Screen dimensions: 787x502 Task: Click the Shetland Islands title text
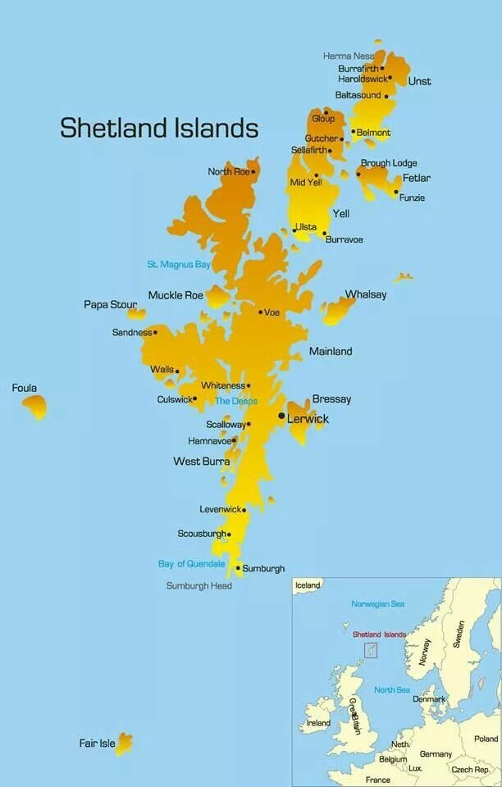(x=159, y=128)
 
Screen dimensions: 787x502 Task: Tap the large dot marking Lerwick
(x=281, y=416)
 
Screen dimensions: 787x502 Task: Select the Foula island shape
(x=35, y=405)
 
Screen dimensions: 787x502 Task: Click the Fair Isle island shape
(x=124, y=744)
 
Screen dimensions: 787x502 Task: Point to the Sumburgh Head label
(x=199, y=586)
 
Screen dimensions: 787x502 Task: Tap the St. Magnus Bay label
(x=179, y=265)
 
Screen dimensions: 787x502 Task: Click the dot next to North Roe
(x=253, y=172)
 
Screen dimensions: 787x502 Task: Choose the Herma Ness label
(x=349, y=56)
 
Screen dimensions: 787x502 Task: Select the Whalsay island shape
(x=337, y=310)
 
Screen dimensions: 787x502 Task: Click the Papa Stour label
(x=110, y=305)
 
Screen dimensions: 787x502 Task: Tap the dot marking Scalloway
(x=249, y=424)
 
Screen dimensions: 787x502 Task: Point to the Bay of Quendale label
(x=191, y=564)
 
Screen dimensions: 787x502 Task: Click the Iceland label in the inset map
(x=308, y=585)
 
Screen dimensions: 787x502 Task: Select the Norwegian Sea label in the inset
(x=377, y=604)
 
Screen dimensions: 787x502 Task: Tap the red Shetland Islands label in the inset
(x=379, y=635)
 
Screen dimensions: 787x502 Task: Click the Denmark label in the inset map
(x=429, y=699)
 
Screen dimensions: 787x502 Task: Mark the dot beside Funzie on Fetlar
(x=396, y=193)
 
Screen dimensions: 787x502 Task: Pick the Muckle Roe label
(x=176, y=295)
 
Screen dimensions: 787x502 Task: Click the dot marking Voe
(x=260, y=312)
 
